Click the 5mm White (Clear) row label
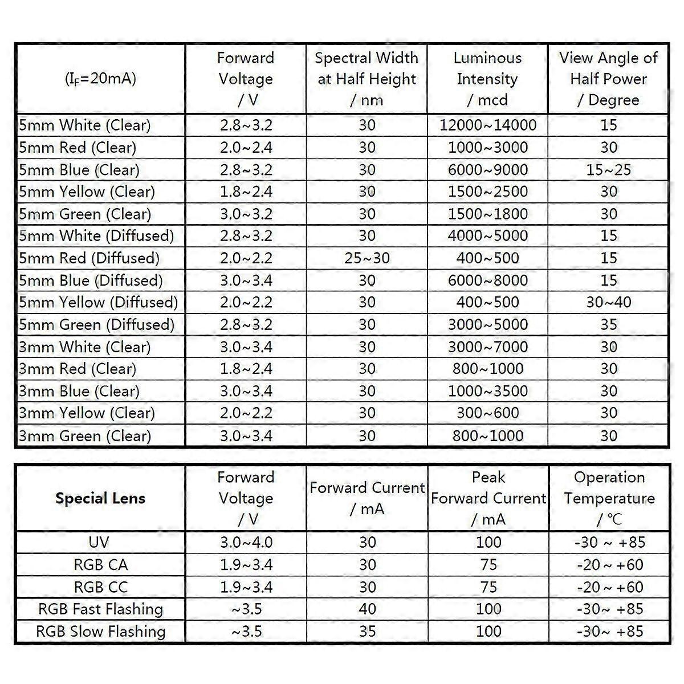85,125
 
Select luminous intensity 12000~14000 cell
488,125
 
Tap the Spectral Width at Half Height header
367,79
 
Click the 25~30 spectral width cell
367,258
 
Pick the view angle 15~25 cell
609,170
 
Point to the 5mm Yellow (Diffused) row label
99,302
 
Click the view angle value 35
609,324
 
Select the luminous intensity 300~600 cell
488,413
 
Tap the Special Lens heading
100,498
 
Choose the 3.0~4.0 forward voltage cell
246,542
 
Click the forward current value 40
367,609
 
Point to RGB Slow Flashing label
101,632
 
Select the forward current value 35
367,632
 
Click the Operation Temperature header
609,498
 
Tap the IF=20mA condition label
101,79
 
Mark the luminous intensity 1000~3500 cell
488,391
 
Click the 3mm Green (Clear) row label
85,436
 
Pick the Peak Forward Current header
488,498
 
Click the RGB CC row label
101,587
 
